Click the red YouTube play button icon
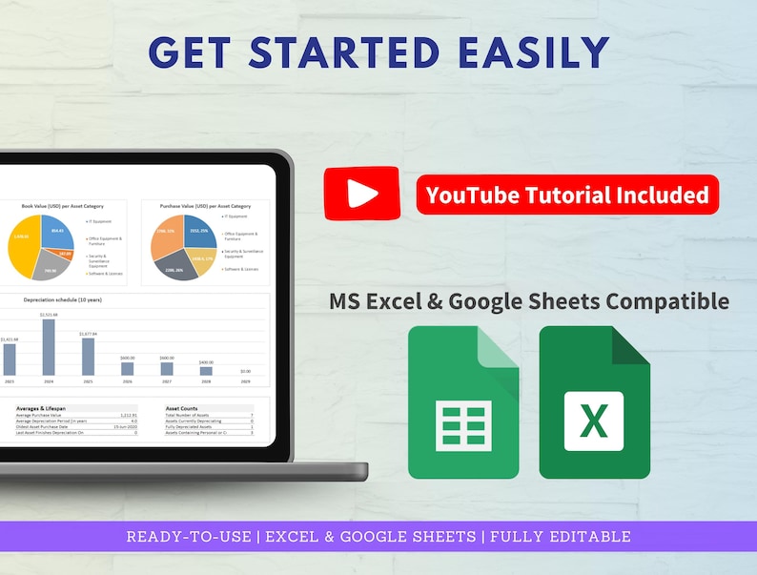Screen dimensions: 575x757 click(361, 193)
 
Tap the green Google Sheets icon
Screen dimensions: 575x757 click(463, 401)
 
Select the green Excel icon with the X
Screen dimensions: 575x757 click(594, 401)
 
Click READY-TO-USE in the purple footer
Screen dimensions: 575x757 click(190, 536)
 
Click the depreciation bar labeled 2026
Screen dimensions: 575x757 click(127, 368)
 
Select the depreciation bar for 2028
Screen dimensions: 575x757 click(206, 370)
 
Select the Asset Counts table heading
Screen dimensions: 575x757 click(183, 408)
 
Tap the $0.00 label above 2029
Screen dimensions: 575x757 click(245, 371)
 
